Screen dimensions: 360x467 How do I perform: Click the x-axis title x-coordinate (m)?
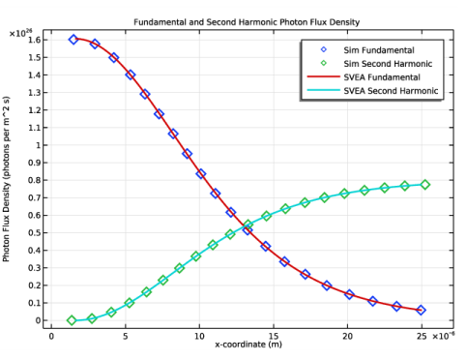243,345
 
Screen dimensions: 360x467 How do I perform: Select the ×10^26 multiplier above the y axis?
20,33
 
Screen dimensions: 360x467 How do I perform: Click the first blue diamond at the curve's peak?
73,40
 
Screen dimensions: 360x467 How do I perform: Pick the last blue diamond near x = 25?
421,310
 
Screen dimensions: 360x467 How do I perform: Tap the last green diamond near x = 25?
425,184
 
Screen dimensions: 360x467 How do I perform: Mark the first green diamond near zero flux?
72,320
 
